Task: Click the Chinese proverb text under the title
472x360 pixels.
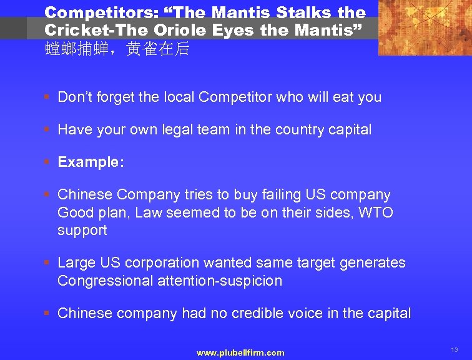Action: [x=117, y=49]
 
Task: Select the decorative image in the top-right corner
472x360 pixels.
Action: [x=425, y=27]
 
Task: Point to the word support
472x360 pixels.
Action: [x=82, y=231]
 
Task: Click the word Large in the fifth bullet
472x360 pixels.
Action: [x=76, y=263]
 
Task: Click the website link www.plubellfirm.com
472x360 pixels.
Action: [x=240, y=353]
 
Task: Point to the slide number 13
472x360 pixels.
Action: [x=454, y=350]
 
